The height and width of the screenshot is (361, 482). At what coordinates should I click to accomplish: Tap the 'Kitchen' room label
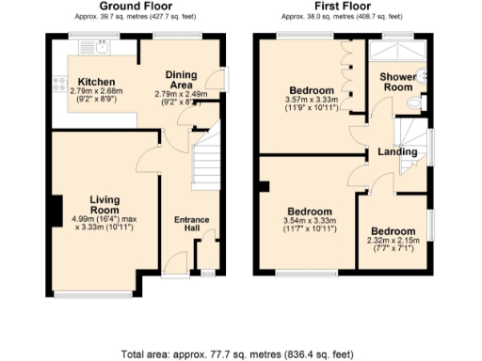click(97, 81)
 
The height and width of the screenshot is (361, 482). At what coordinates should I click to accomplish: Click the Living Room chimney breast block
click(56, 209)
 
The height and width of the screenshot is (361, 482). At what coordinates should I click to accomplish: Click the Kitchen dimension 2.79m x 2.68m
click(97, 95)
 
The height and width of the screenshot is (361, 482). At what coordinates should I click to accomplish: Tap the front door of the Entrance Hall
click(175, 266)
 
